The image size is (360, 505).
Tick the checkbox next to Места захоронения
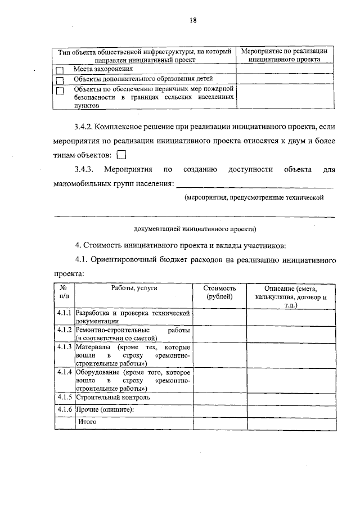pyautogui.click(x=60, y=70)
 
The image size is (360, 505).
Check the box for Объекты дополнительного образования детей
pyautogui.click(x=60, y=79)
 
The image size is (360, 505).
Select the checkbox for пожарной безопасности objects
pyautogui.click(x=60, y=90)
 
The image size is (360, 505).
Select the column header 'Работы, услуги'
pyautogui.click(x=134, y=288)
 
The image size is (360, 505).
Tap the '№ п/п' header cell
pyautogui.click(x=64, y=292)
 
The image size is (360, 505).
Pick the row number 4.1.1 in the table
pyautogui.click(x=64, y=312)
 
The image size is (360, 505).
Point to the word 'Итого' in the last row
pyautogui.click(x=87, y=421)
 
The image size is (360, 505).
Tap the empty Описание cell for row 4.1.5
pyautogui.click(x=291, y=398)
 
